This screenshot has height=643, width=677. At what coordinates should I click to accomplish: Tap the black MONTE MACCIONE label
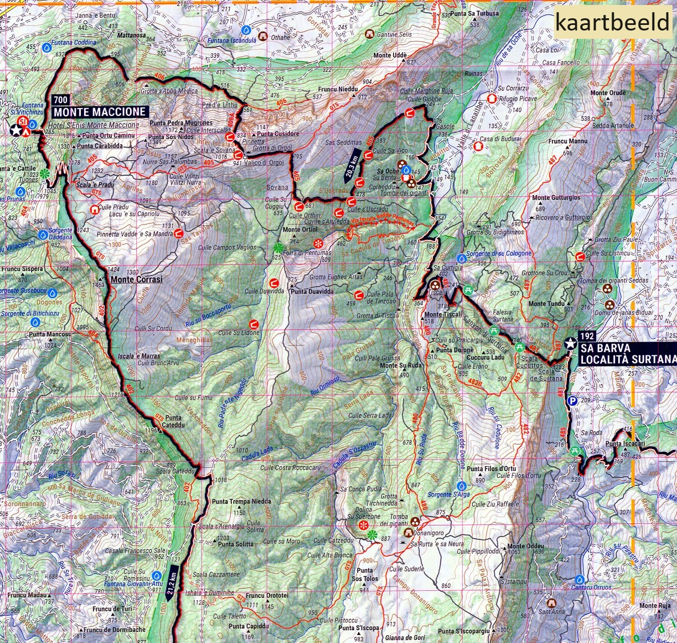click(100, 112)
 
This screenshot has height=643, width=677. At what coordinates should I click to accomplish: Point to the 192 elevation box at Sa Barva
click(587, 336)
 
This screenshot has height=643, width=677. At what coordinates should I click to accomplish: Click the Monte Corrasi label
click(137, 280)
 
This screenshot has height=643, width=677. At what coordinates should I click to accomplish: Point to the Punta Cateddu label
click(173, 421)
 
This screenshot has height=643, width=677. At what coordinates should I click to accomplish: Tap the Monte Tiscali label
click(442, 314)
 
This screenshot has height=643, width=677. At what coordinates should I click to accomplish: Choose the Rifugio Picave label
click(517, 99)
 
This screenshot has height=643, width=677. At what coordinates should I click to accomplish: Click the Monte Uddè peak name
click(390, 55)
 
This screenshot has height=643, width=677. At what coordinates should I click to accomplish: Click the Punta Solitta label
click(236, 544)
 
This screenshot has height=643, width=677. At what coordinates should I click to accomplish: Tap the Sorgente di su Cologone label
click(499, 254)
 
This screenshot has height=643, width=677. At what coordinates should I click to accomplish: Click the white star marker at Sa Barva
click(570, 344)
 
